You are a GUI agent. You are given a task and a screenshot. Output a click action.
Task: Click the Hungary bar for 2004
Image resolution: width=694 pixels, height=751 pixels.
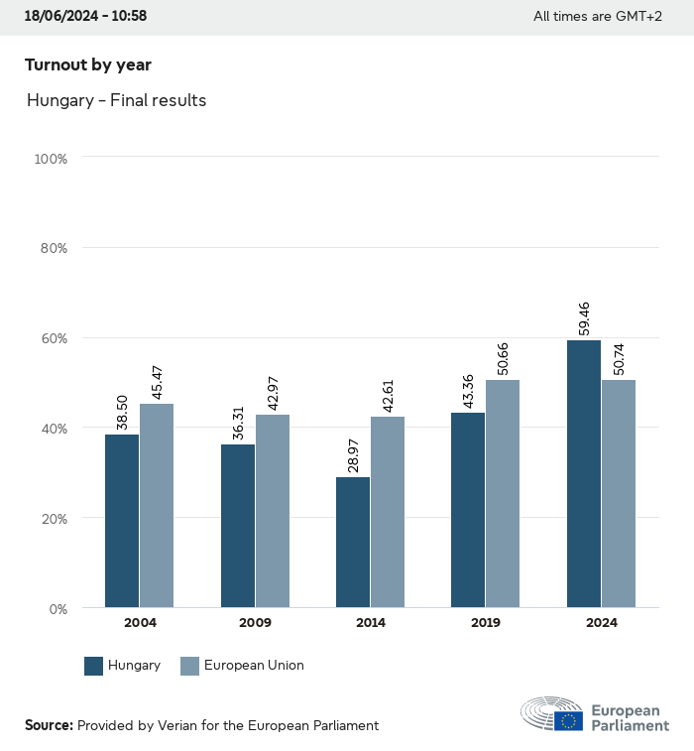(x=122, y=521)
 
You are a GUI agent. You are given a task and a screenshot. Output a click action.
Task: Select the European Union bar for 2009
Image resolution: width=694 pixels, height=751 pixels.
(x=273, y=511)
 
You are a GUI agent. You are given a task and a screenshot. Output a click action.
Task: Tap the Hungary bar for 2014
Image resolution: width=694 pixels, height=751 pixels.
(x=353, y=543)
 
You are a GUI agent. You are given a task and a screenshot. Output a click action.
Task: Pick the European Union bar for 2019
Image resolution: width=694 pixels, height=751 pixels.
(x=503, y=493)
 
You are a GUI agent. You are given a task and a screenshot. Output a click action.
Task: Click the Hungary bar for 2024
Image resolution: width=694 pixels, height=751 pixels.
(x=584, y=473)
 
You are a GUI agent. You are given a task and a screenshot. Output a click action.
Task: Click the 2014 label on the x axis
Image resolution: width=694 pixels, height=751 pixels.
(x=371, y=623)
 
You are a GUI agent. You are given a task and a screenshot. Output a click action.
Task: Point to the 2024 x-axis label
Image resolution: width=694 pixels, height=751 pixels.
(x=601, y=623)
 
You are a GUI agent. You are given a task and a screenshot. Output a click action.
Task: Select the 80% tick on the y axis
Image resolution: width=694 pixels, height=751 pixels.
(x=53, y=248)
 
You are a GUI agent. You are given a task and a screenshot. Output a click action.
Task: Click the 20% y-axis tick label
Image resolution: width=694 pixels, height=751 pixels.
(x=53, y=518)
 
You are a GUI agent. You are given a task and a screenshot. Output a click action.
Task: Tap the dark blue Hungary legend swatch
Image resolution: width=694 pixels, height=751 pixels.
(x=94, y=666)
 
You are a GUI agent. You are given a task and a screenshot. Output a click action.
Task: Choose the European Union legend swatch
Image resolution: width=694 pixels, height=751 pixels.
(x=190, y=666)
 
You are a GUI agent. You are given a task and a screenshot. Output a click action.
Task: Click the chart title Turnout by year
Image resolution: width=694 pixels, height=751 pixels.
(x=88, y=65)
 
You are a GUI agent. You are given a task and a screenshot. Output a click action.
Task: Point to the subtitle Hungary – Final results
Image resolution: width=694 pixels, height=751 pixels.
(x=116, y=100)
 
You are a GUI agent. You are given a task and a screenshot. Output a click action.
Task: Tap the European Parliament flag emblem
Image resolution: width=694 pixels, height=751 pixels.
(x=568, y=720)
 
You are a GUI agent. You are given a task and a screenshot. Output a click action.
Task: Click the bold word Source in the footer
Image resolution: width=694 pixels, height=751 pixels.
(x=49, y=725)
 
